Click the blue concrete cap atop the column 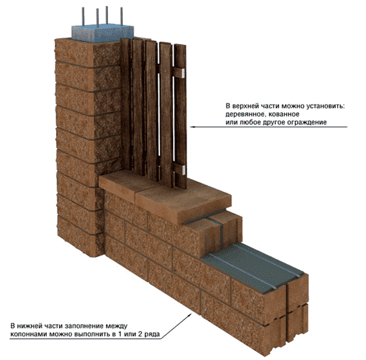tap(102, 33)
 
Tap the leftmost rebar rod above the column tap(83, 17)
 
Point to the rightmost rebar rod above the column tap(122, 16)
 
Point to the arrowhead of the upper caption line tap(192, 127)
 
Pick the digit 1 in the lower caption tap(120, 334)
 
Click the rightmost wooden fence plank tap(181, 116)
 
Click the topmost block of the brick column tap(87, 53)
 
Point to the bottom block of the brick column tap(80, 236)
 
